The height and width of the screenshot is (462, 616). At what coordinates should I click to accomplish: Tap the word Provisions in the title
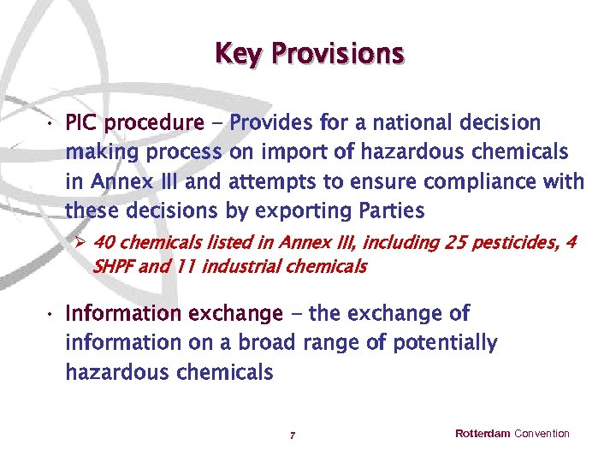pos(337,54)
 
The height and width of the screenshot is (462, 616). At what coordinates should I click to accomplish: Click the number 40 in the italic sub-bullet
pos(103,243)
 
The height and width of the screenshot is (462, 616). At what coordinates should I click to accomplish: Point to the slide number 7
pos(293,436)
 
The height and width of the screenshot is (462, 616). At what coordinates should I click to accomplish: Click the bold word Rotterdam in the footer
pos(483,434)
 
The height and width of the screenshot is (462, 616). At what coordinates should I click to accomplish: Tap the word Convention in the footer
pos(542,434)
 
